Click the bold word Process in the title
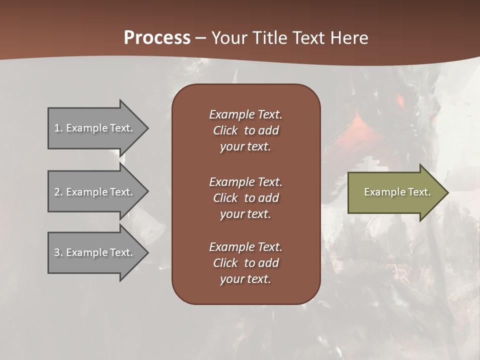(157, 38)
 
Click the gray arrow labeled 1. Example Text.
(95, 128)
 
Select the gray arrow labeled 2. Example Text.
(95, 192)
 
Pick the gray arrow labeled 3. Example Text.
(95, 252)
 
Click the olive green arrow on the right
(395, 192)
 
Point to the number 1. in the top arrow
(58, 128)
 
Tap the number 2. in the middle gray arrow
(58, 192)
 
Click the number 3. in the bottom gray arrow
(58, 252)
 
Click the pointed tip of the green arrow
(446, 192)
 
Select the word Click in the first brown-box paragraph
(225, 130)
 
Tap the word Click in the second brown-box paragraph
(225, 198)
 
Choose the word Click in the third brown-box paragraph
(225, 263)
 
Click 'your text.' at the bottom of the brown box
(245, 279)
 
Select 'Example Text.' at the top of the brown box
(245, 114)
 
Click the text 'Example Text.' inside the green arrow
(397, 192)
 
